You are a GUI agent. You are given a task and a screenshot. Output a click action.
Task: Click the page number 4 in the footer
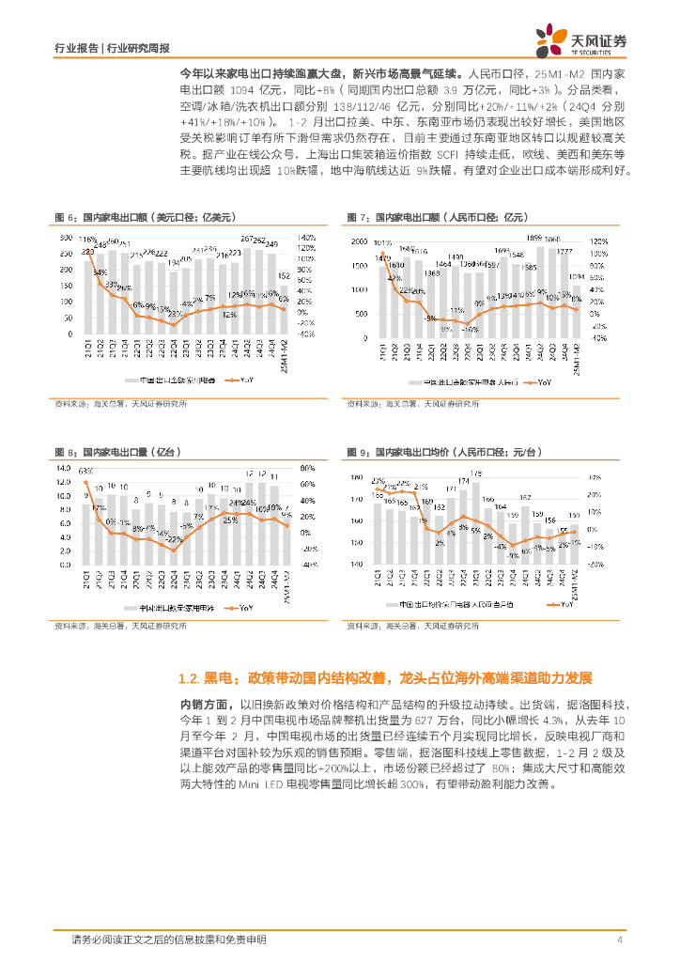pyautogui.click(x=620, y=939)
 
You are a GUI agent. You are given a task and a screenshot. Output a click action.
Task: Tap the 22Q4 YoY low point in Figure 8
pyautogui.click(x=173, y=547)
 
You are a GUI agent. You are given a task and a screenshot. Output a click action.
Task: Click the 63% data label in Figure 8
pyautogui.click(x=85, y=470)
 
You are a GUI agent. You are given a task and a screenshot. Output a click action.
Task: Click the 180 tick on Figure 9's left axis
pyautogui.click(x=356, y=478)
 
